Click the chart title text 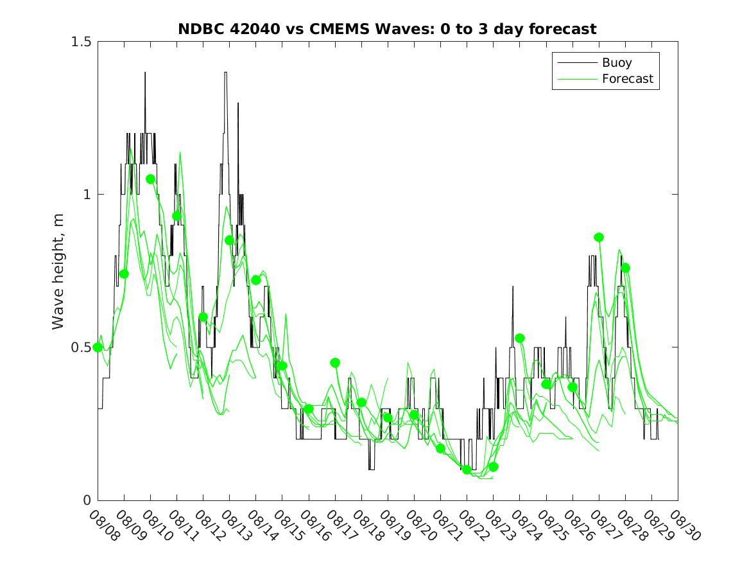(x=387, y=29)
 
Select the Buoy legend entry (x=616, y=63)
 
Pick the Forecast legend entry (x=627, y=79)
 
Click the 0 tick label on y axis (x=87, y=500)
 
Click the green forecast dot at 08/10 (x=151, y=179)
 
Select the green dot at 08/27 (x=599, y=237)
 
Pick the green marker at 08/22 (x=467, y=470)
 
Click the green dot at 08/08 (x=98, y=347)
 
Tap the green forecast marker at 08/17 (x=335, y=363)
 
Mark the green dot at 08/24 (x=520, y=338)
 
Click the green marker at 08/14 (x=256, y=280)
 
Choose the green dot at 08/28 (x=625, y=268)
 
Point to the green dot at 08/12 (x=203, y=317)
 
